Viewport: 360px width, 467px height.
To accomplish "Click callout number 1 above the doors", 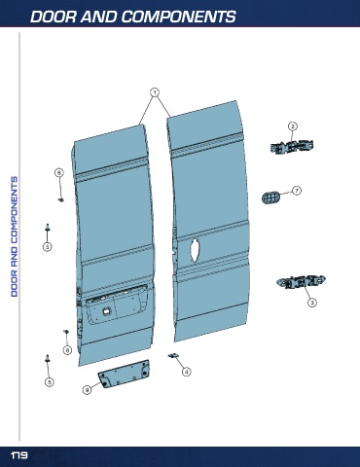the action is coord(155,92).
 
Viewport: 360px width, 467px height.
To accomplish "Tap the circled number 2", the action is coord(293,126).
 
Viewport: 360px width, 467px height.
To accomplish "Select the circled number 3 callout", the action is coord(311,303).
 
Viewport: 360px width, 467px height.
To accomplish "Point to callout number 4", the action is coord(186,372).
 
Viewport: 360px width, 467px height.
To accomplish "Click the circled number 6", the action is coord(59,172).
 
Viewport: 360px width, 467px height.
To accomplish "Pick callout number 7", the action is coord(297,191).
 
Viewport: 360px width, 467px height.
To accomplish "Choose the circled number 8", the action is coord(67,350).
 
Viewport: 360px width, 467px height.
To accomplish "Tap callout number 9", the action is coord(87,389).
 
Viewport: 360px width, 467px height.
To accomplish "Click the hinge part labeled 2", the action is coord(292,147).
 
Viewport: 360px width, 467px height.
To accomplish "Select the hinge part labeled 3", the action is coord(302,281).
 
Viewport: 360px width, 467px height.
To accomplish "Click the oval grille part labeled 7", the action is coord(270,198).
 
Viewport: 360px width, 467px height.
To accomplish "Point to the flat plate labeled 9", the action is coord(125,374).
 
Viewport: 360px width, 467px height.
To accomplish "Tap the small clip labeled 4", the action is coord(173,356).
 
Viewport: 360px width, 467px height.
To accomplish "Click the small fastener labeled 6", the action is coord(60,199).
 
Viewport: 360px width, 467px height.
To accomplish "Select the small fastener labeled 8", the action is coord(66,332).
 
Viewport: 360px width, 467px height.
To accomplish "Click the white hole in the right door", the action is coord(195,250).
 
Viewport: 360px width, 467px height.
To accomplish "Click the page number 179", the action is coord(19,455).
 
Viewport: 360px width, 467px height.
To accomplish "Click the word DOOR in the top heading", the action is coord(54,17).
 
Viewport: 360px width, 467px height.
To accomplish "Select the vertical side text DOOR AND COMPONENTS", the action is coord(15,236).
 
